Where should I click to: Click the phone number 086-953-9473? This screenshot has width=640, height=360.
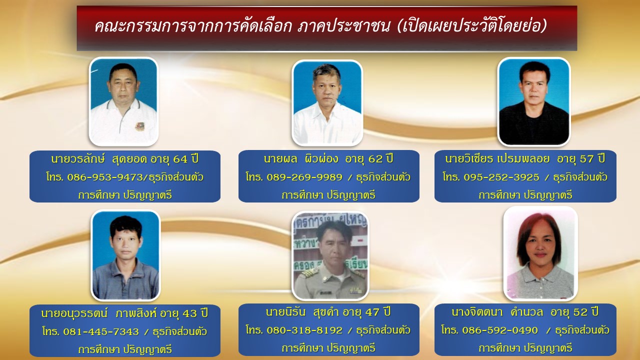coord(104,177)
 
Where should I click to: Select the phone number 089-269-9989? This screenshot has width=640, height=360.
coord(304,177)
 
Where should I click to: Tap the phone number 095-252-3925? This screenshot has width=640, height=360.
coord(501,177)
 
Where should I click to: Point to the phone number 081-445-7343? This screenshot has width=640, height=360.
coord(101,331)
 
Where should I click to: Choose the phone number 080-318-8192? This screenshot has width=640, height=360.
coord(304,330)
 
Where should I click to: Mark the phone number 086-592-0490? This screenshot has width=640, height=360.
coord(500,330)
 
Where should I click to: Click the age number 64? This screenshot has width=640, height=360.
coord(180,159)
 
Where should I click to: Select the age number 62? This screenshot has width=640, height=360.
coord(375,159)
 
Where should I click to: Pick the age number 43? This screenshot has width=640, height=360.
coord(189,313)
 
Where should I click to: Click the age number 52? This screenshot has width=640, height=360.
coord(580,312)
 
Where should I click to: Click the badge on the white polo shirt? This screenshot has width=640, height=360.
coord(139,126)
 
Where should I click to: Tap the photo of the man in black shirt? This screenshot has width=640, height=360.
coord(533,101)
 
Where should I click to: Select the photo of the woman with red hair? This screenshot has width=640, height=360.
coord(540,253)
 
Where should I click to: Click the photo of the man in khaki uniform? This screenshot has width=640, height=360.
coord(330,256)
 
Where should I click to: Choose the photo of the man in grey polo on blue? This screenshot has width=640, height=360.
coord(125,255)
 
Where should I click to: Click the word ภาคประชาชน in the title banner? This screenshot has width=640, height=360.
coord(344,26)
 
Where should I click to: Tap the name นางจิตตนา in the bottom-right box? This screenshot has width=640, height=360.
coord(477,312)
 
